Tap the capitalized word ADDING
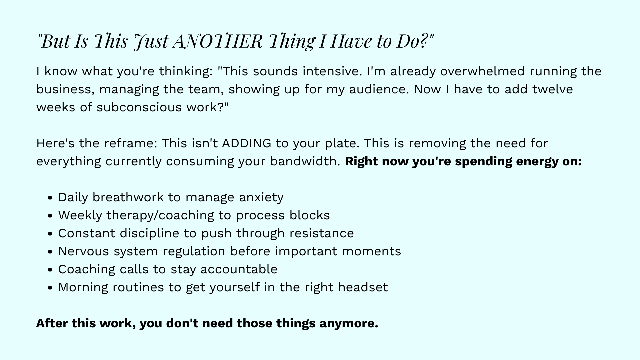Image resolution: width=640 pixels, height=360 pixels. (x=247, y=143)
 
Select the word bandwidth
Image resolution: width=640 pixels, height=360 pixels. (x=305, y=161)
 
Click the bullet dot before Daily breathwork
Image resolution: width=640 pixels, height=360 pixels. (x=50, y=198)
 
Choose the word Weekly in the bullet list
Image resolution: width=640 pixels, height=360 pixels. (x=80, y=215)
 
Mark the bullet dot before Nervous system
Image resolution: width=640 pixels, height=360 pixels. (x=50, y=252)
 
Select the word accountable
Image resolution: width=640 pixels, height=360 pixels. (x=239, y=269)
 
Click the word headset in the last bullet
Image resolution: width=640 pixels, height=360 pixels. (x=363, y=287)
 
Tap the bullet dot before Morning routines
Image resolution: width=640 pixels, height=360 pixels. (x=50, y=288)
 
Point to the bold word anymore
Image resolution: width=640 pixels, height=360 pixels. (x=349, y=323)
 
